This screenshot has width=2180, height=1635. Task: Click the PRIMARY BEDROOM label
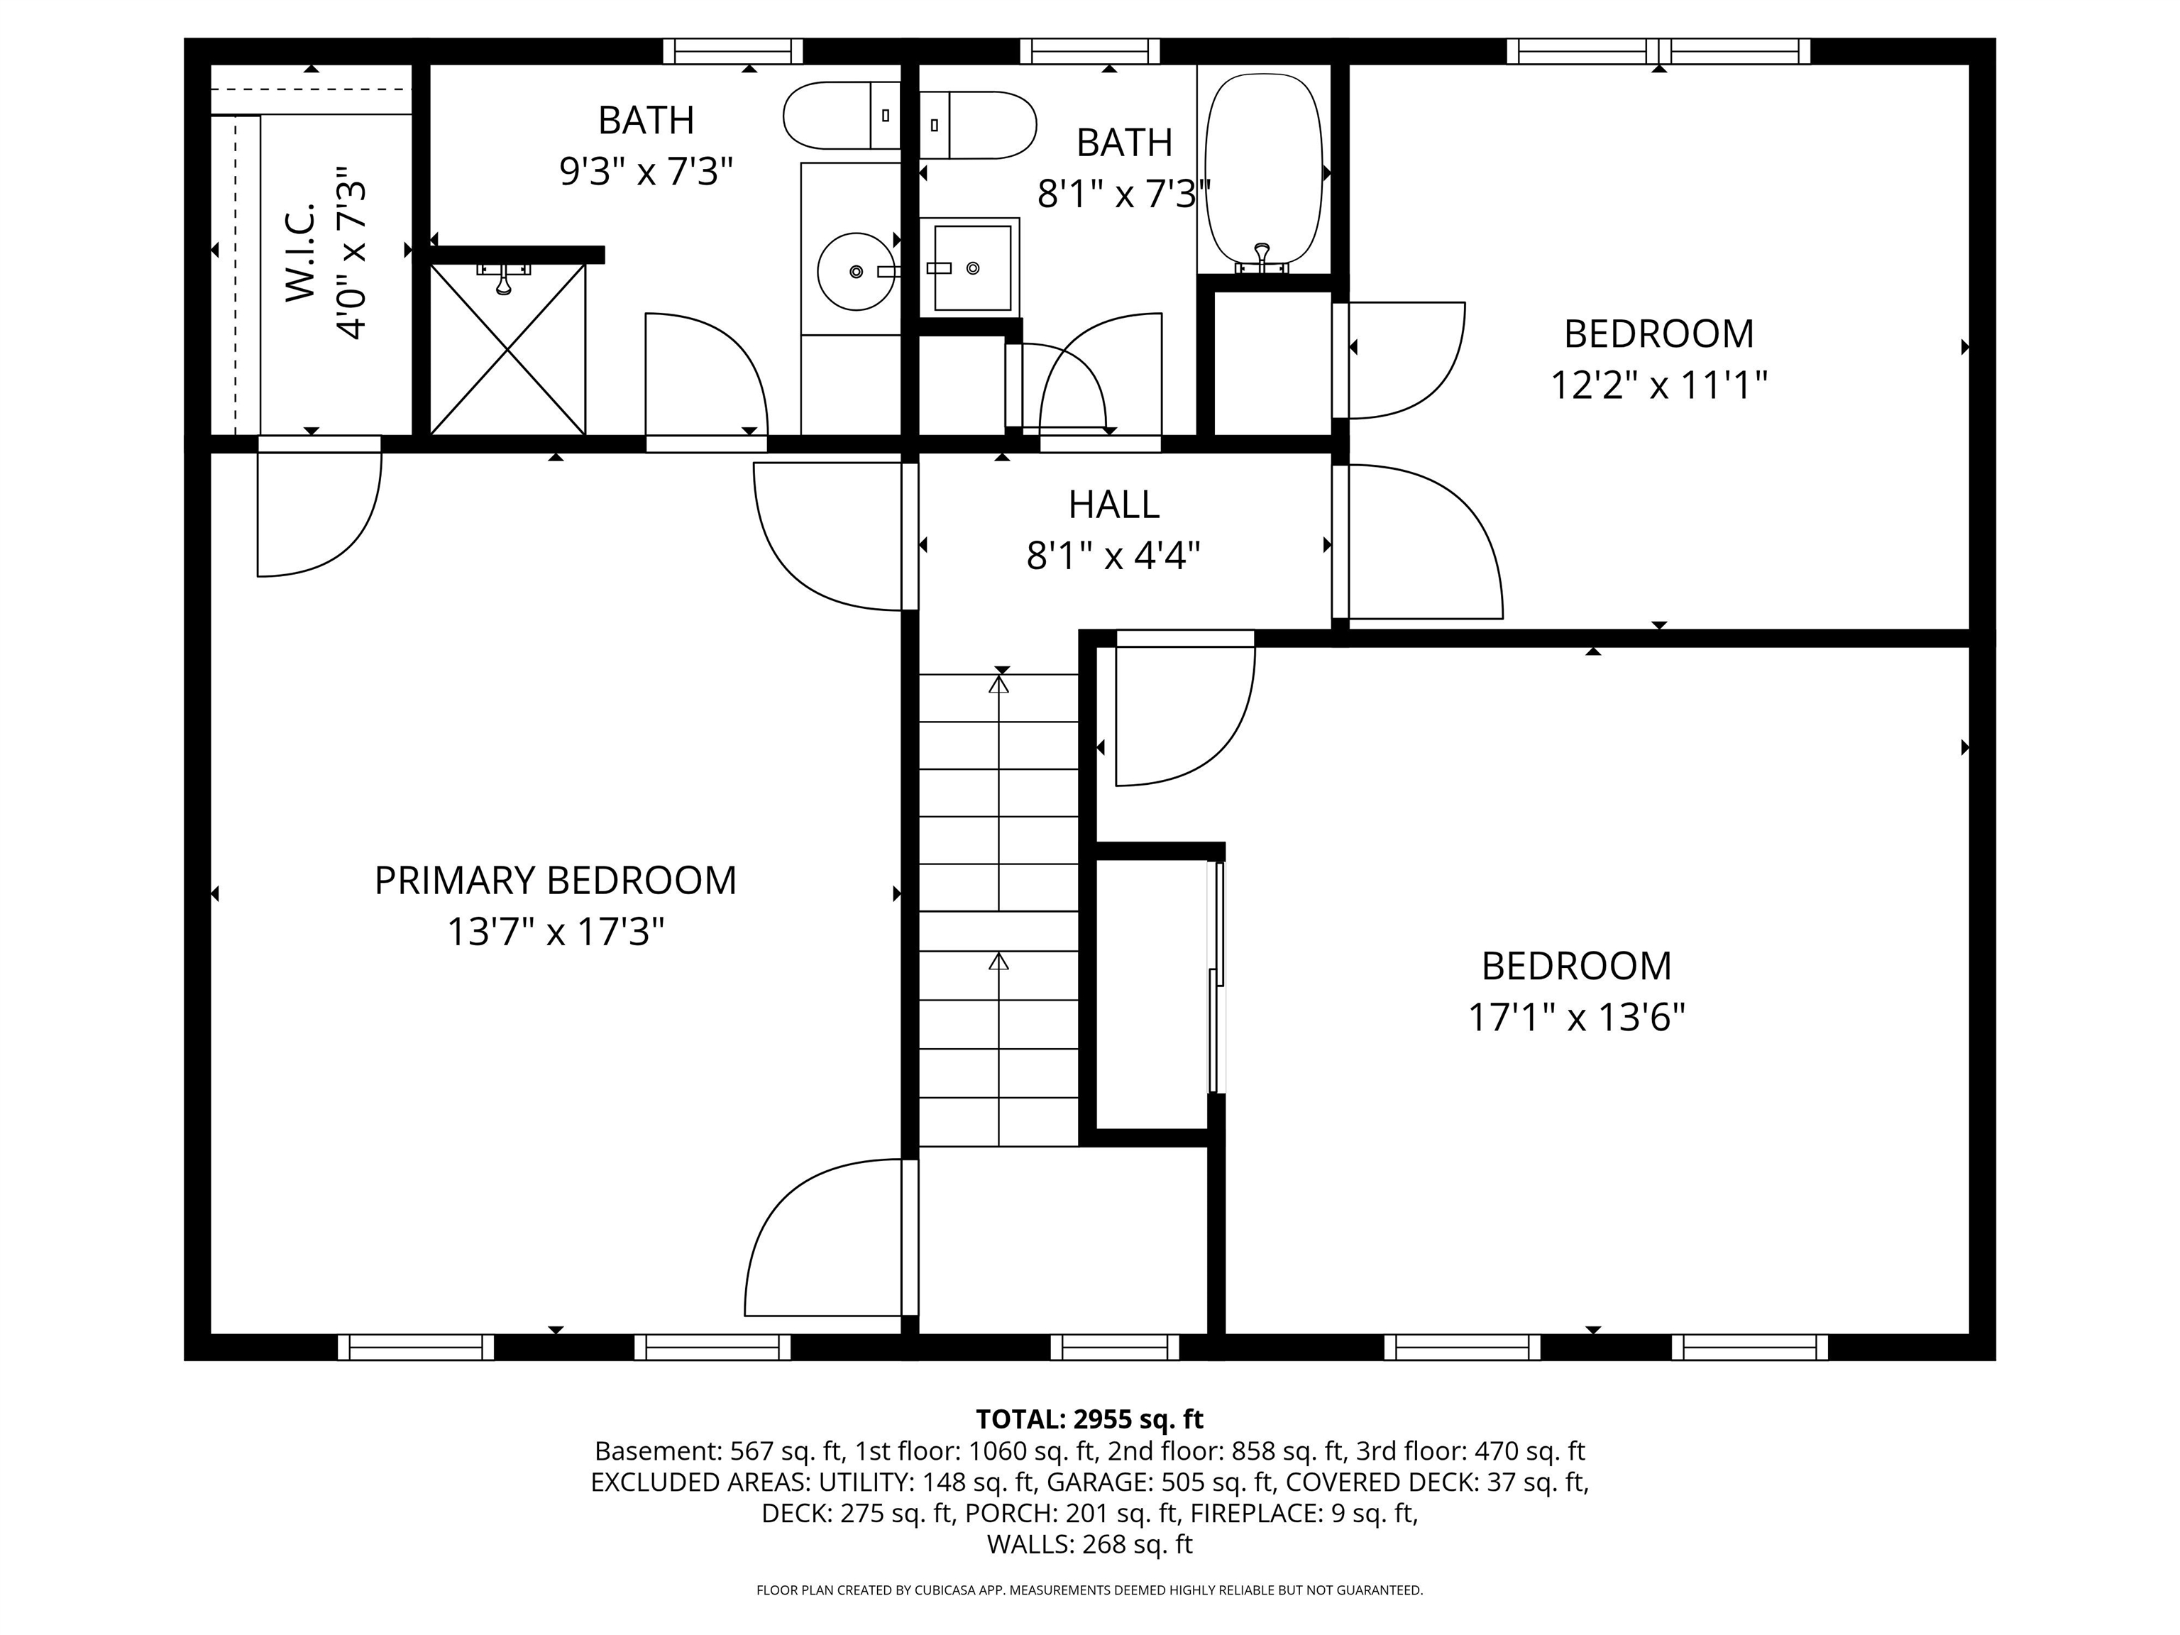click(x=555, y=880)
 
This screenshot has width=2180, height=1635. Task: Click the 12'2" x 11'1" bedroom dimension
click(x=1658, y=385)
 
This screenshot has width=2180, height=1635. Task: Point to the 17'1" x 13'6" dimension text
click(x=1576, y=1017)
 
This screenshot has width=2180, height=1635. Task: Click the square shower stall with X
click(x=507, y=349)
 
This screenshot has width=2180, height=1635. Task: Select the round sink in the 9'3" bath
click(x=854, y=271)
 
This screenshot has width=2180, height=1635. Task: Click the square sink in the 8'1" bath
click(x=971, y=267)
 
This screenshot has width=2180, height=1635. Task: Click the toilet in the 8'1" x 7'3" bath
click(x=979, y=125)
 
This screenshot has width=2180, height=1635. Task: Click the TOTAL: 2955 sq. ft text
click(x=1089, y=1419)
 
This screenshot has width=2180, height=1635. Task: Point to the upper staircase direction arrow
click(x=999, y=683)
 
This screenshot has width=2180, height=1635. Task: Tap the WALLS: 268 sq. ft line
click(x=1089, y=1544)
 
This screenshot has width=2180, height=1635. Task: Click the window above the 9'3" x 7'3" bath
click(x=732, y=51)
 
